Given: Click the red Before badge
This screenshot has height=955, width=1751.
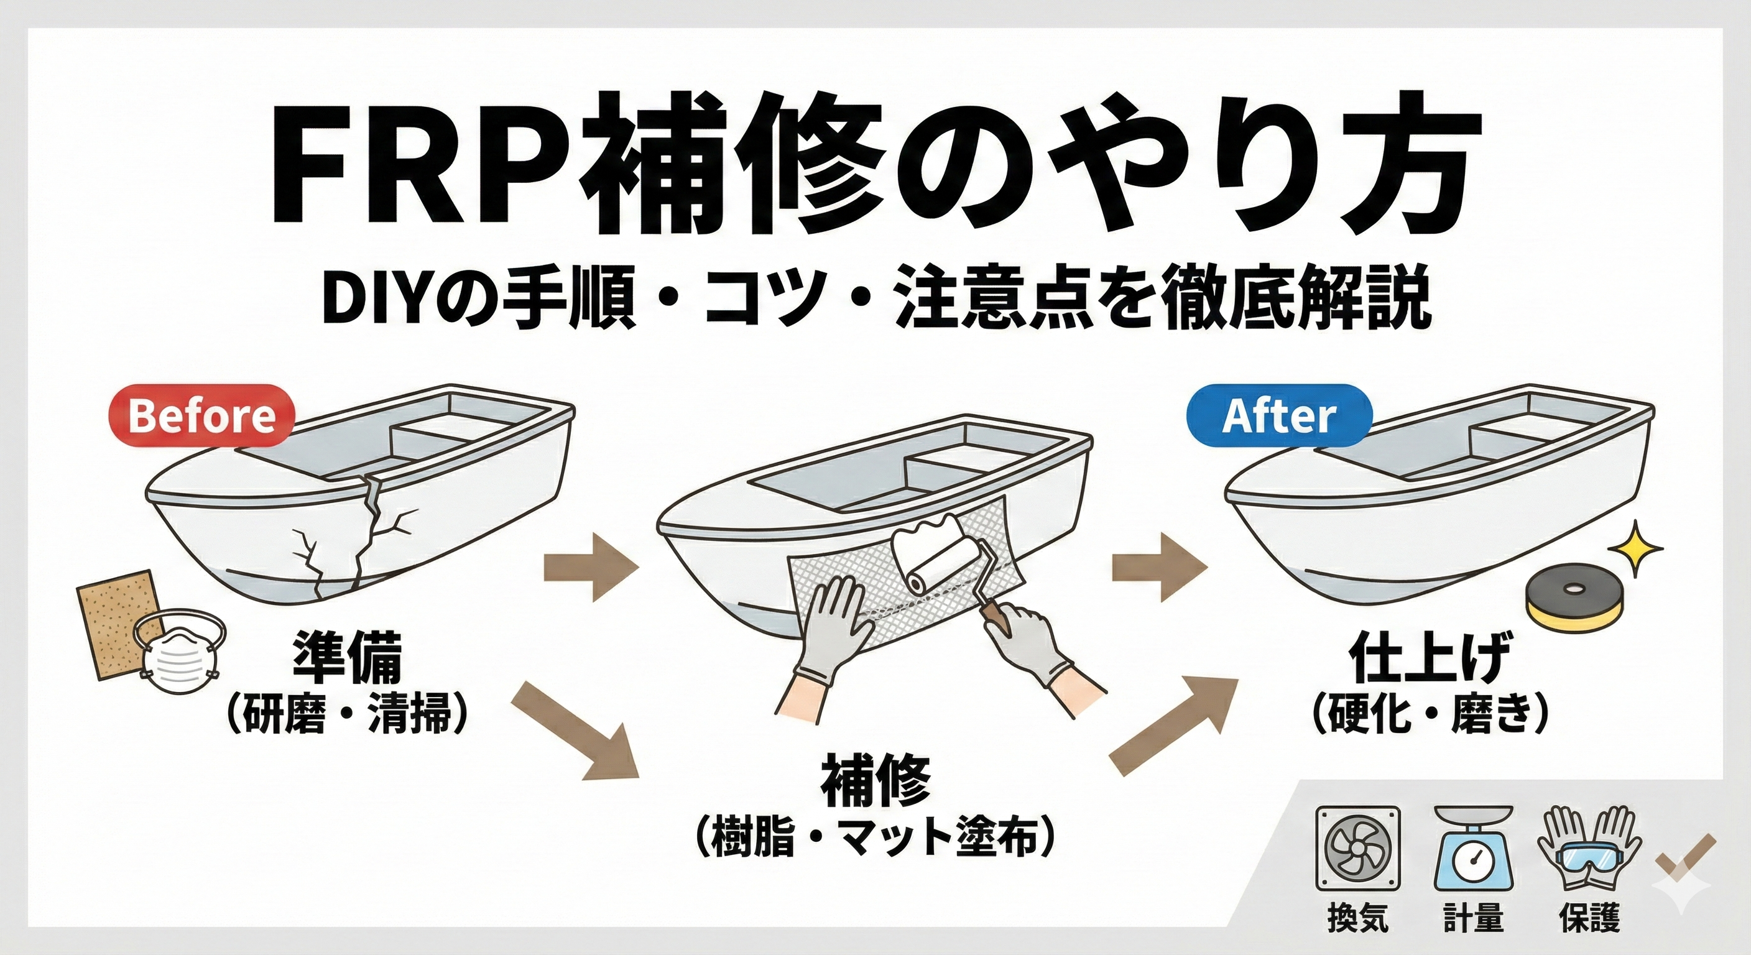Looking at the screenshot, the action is pos(202,416).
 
